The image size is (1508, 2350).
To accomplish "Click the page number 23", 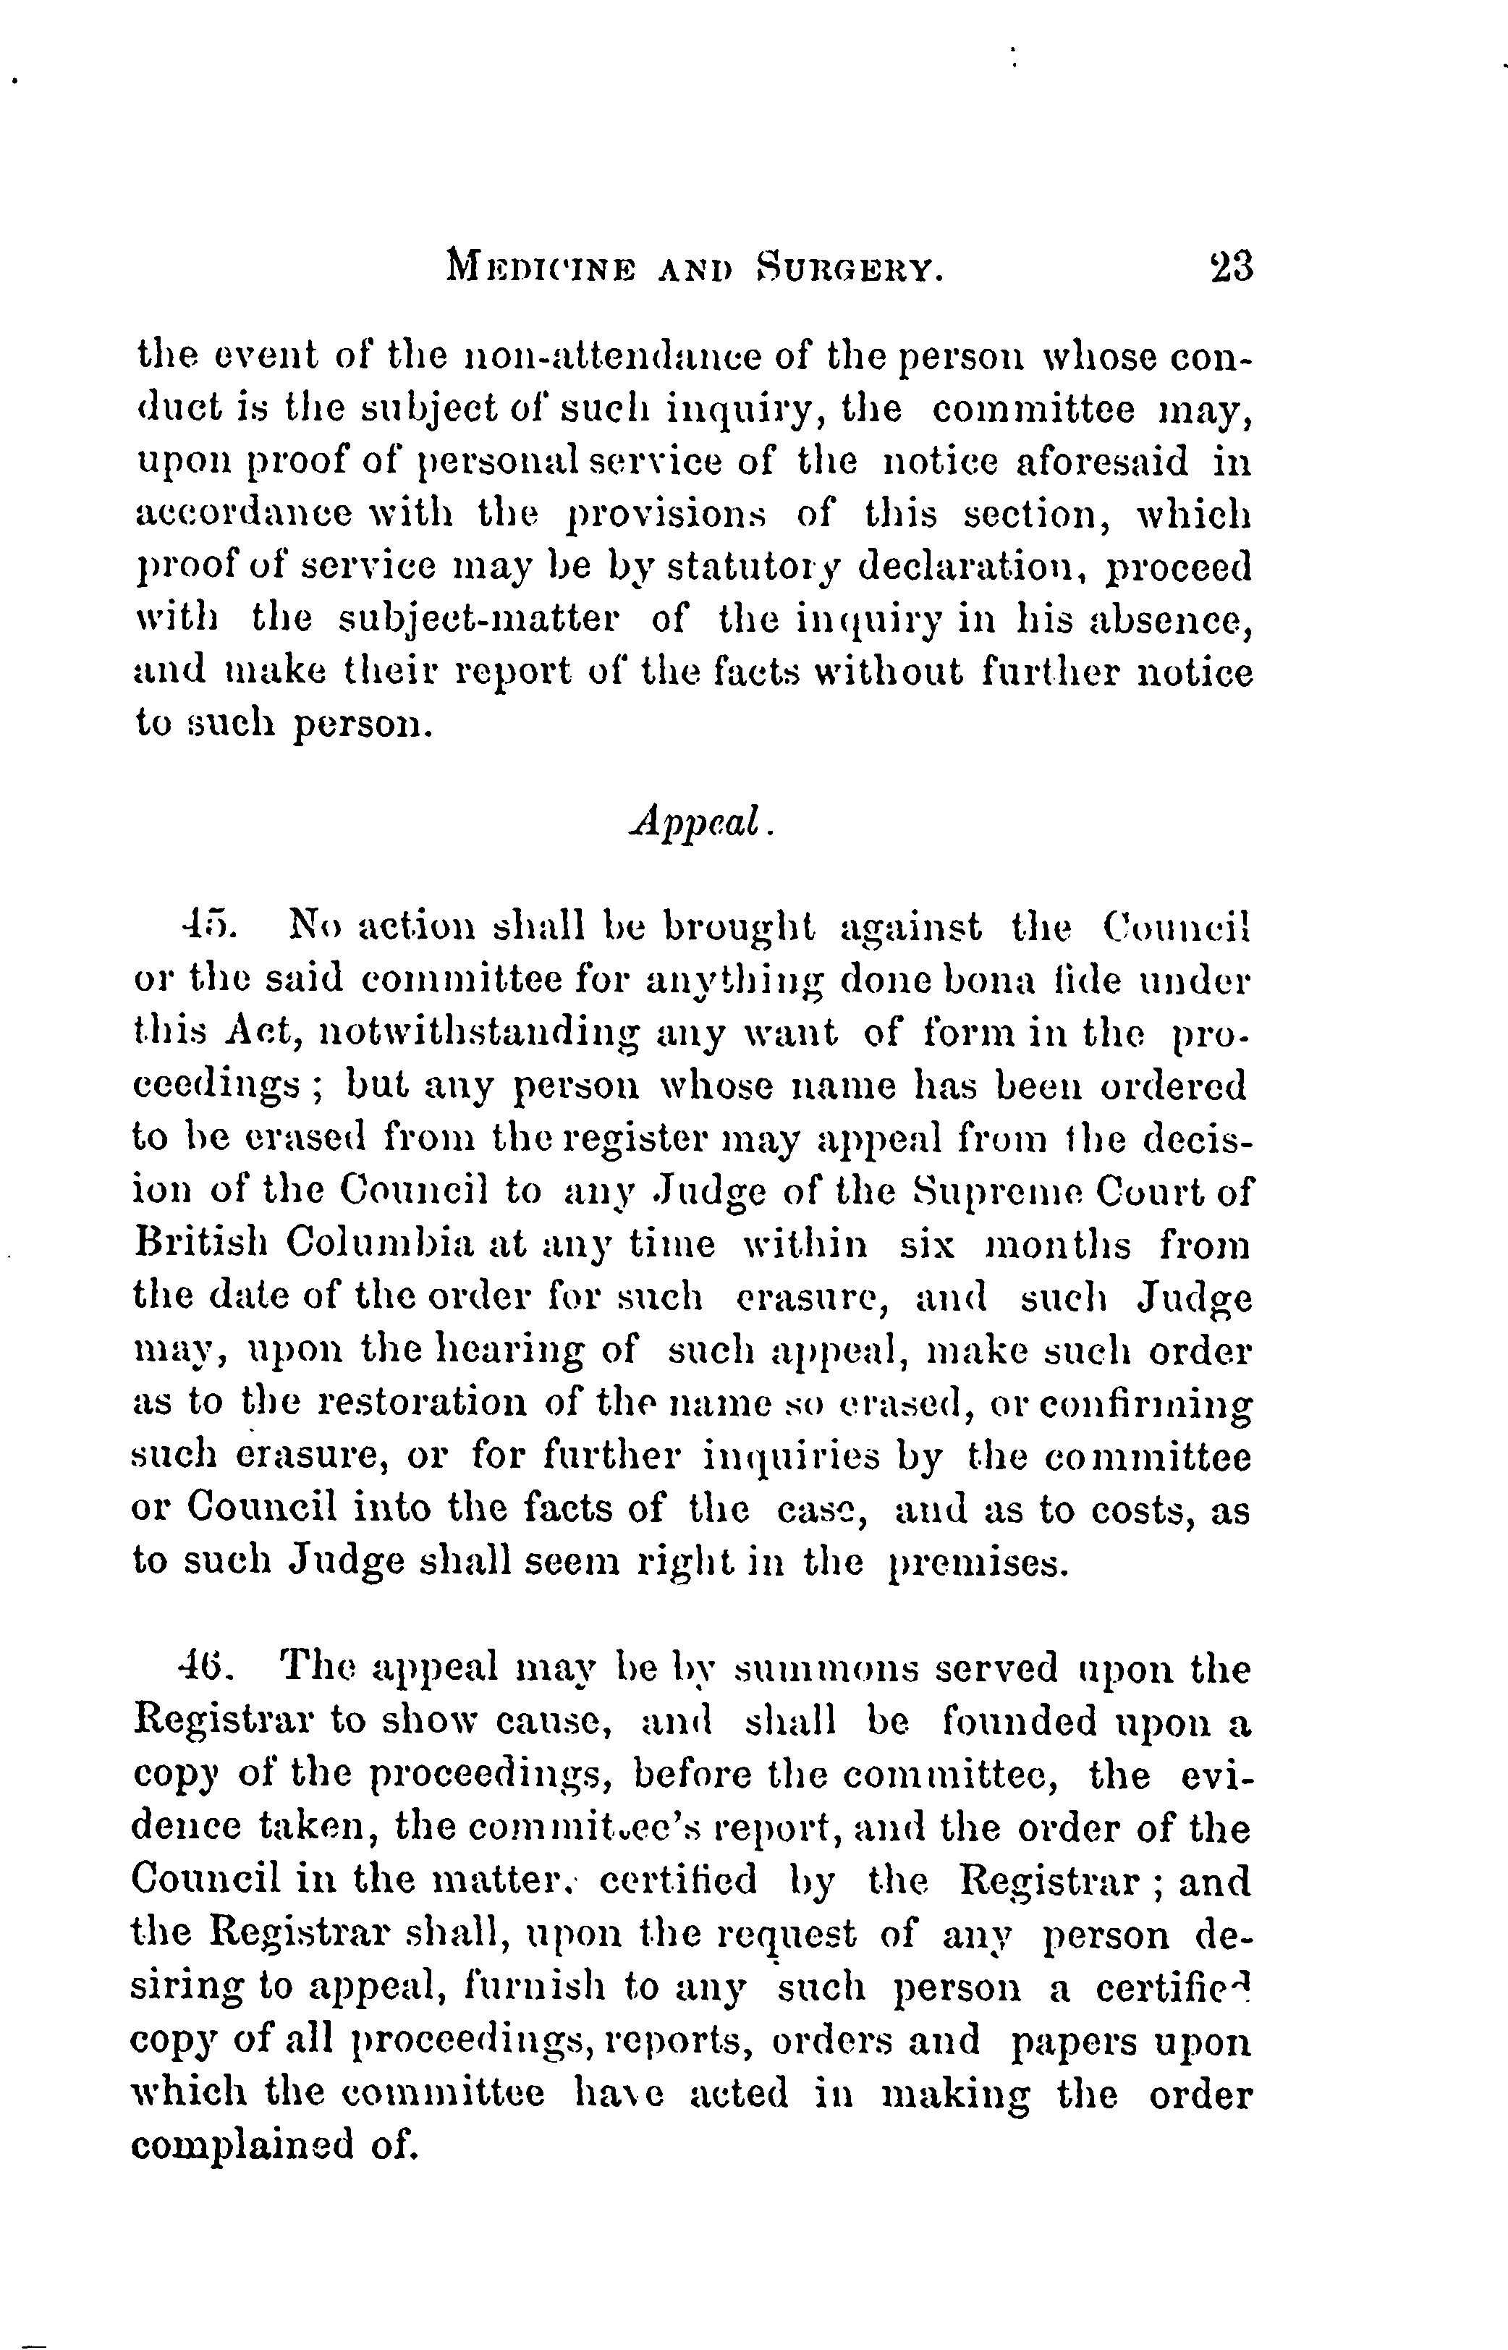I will [x=1231, y=266].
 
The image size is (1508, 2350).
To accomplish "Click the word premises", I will [x=975, y=1563].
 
